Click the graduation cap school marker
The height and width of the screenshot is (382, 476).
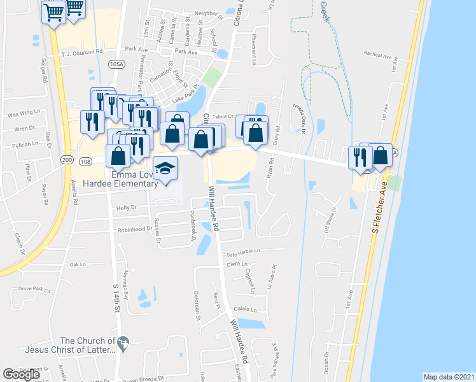(165, 169)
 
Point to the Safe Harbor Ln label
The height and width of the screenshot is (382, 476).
(244, 253)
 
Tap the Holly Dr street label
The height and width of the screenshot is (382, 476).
(127, 208)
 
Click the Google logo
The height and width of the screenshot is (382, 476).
(22, 374)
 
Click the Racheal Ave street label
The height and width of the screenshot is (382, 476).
(378, 55)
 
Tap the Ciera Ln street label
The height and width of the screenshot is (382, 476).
(237, 264)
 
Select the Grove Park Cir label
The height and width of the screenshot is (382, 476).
(34, 289)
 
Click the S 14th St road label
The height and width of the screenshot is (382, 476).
(116, 296)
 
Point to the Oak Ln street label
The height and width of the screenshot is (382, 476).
(78, 264)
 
